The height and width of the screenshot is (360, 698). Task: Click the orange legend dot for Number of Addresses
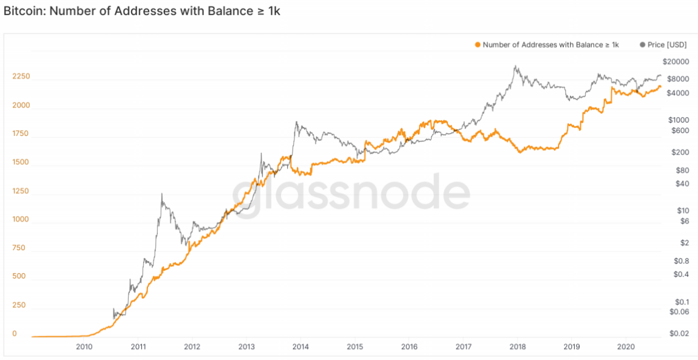(x=478, y=44)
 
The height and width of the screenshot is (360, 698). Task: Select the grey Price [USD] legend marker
(x=643, y=44)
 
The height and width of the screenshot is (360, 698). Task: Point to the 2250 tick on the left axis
(x=21, y=77)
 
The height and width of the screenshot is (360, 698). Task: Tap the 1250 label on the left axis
(x=21, y=191)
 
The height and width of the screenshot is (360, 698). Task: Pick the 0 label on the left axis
(x=15, y=334)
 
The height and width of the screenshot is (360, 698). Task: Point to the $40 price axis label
(x=682, y=183)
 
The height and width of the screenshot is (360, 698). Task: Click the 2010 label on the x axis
(x=84, y=347)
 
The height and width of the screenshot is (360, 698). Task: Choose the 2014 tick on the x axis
(x=300, y=347)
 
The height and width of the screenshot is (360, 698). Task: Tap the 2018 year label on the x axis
(x=517, y=347)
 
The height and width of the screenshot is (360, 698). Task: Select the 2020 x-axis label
(x=625, y=347)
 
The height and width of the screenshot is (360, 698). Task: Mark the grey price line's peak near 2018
(x=515, y=66)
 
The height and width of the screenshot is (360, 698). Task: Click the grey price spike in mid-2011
(x=161, y=194)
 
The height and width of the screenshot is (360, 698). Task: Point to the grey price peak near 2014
(x=296, y=122)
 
